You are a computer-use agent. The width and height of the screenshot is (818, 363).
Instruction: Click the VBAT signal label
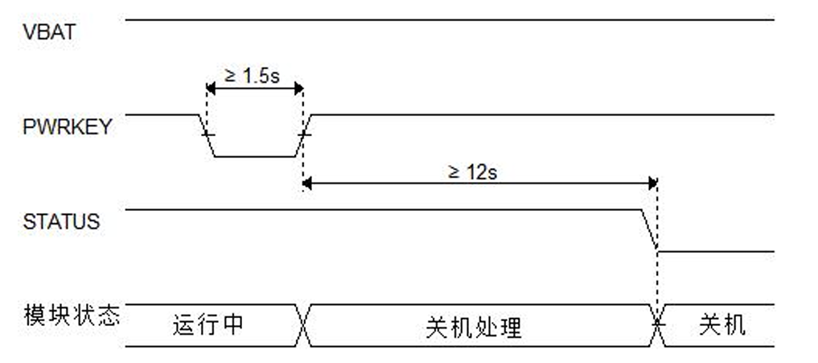point(50,34)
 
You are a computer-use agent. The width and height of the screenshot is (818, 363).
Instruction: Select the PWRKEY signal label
point(68,126)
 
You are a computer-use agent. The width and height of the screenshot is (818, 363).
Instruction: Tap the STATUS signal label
point(62,221)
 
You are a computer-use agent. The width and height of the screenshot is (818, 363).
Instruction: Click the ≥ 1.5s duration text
point(251,75)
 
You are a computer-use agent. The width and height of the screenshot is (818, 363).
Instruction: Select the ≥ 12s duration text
point(473,171)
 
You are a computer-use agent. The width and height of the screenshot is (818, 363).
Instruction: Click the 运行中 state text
point(208,325)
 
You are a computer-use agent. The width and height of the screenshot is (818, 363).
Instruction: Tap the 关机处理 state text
point(474,327)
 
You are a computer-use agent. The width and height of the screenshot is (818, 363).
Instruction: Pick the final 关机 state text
point(721,325)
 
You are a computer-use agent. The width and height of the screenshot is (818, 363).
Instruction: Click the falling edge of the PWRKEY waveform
point(207,135)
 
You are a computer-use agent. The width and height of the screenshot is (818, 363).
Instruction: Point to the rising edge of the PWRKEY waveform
point(304,135)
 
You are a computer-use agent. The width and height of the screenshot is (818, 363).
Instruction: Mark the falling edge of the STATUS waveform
point(649,230)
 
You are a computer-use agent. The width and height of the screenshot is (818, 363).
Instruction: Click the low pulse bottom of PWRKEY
point(255,156)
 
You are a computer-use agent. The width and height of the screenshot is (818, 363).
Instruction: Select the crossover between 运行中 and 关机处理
point(304,325)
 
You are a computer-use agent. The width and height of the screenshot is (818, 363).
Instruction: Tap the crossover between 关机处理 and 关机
point(658,325)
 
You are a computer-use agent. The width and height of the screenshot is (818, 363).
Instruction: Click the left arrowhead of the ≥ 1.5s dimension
point(212,88)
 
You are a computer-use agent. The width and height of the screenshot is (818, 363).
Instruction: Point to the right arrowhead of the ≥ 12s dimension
point(652,184)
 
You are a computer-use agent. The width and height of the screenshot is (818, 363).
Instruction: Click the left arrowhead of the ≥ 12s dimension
point(308,184)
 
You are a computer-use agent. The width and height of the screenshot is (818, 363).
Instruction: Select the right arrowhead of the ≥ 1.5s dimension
point(298,88)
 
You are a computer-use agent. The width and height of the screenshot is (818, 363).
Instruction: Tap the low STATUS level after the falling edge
point(716,251)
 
